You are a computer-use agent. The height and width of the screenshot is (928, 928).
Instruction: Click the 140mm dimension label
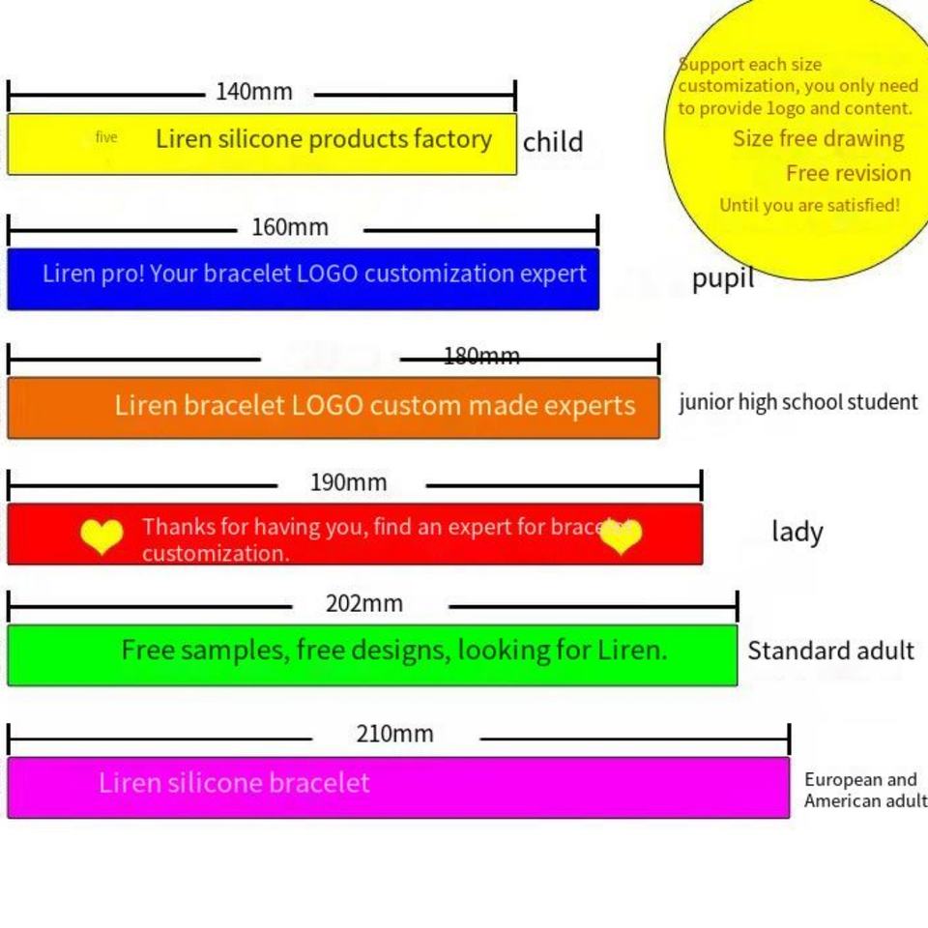pyautogui.click(x=253, y=92)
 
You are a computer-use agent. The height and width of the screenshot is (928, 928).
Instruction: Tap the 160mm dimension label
pyautogui.click(x=290, y=228)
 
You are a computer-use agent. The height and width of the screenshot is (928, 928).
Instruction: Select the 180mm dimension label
pyautogui.click(x=481, y=357)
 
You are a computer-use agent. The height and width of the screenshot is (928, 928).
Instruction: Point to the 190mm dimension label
pyautogui.click(x=348, y=482)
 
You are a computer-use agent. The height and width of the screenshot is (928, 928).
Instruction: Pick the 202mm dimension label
pyautogui.click(x=363, y=604)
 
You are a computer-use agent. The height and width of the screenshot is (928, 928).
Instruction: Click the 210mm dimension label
pyautogui.click(x=394, y=734)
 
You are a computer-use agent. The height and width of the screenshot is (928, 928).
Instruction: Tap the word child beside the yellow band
pyautogui.click(x=553, y=142)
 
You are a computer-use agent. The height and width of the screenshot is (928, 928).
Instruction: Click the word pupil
pyautogui.click(x=722, y=279)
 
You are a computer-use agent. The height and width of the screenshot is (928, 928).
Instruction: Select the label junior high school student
pyautogui.click(x=797, y=402)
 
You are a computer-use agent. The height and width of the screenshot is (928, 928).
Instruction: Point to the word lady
pyautogui.click(x=797, y=532)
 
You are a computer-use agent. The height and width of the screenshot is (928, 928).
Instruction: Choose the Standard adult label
pyautogui.click(x=830, y=651)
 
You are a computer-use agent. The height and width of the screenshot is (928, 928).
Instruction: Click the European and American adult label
pyautogui.click(x=863, y=791)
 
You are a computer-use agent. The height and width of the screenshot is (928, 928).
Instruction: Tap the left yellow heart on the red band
pyautogui.click(x=101, y=536)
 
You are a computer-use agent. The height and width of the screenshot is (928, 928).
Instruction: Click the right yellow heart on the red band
pyautogui.click(x=620, y=536)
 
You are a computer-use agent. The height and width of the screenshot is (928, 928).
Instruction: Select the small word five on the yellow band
pyautogui.click(x=106, y=137)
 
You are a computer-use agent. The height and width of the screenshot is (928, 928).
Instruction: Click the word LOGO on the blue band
pyautogui.click(x=327, y=274)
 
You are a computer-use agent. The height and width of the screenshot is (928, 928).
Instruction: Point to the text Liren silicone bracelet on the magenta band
pyautogui.click(x=234, y=782)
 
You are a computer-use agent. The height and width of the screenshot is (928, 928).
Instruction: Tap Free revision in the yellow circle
pyautogui.click(x=848, y=173)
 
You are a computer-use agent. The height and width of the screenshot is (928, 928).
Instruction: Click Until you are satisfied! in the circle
pyautogui.click(x=809, y=205)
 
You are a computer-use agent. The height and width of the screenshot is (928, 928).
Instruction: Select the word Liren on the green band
pyautogui.click(x=630, y=650)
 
